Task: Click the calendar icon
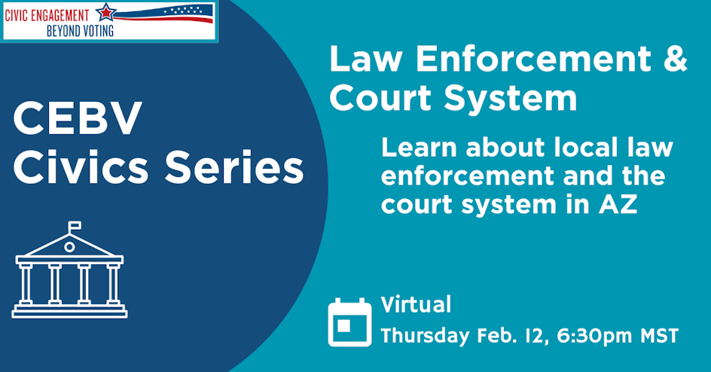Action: point(350,322)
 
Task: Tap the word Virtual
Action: point(416,305)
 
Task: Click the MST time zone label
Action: point(658,335)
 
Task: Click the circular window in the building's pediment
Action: point(69,246)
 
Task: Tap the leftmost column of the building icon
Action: point(26,282)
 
